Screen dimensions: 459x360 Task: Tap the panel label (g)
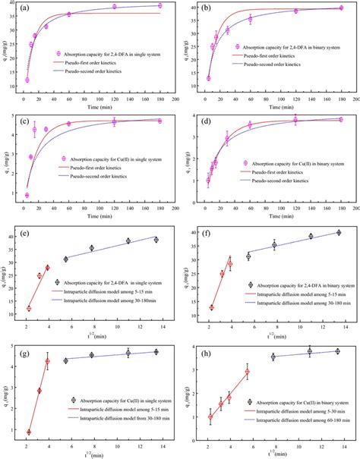point(28,349)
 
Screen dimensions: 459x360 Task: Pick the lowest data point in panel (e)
point(29,308)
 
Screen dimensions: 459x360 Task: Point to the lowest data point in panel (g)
point(29,432)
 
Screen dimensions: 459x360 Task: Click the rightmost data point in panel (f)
point(339,232)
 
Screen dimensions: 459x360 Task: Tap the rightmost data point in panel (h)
point(338,351)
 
